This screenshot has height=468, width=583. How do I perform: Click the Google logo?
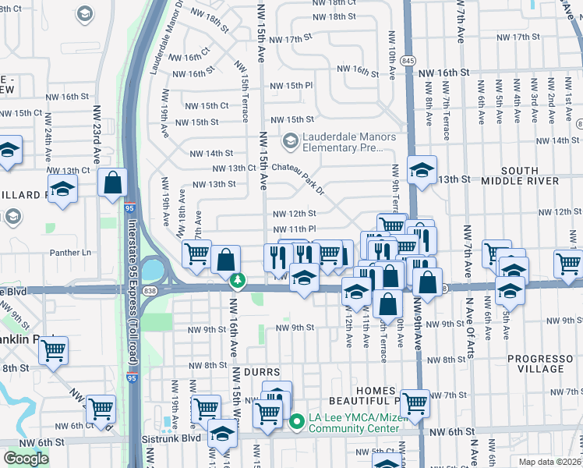(26, 459)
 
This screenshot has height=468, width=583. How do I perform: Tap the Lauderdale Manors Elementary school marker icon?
(291, 141)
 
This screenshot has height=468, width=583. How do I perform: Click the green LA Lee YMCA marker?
(296, 423)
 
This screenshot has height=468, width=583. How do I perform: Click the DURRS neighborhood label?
(261, 374)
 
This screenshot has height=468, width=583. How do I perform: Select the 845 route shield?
(409, 60)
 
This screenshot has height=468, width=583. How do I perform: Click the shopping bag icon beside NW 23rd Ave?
(113, 183)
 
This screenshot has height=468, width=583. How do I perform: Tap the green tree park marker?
(235, 280)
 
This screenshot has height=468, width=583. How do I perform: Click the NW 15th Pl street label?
(292, 85)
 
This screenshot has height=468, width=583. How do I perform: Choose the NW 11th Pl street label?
(294, 229)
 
